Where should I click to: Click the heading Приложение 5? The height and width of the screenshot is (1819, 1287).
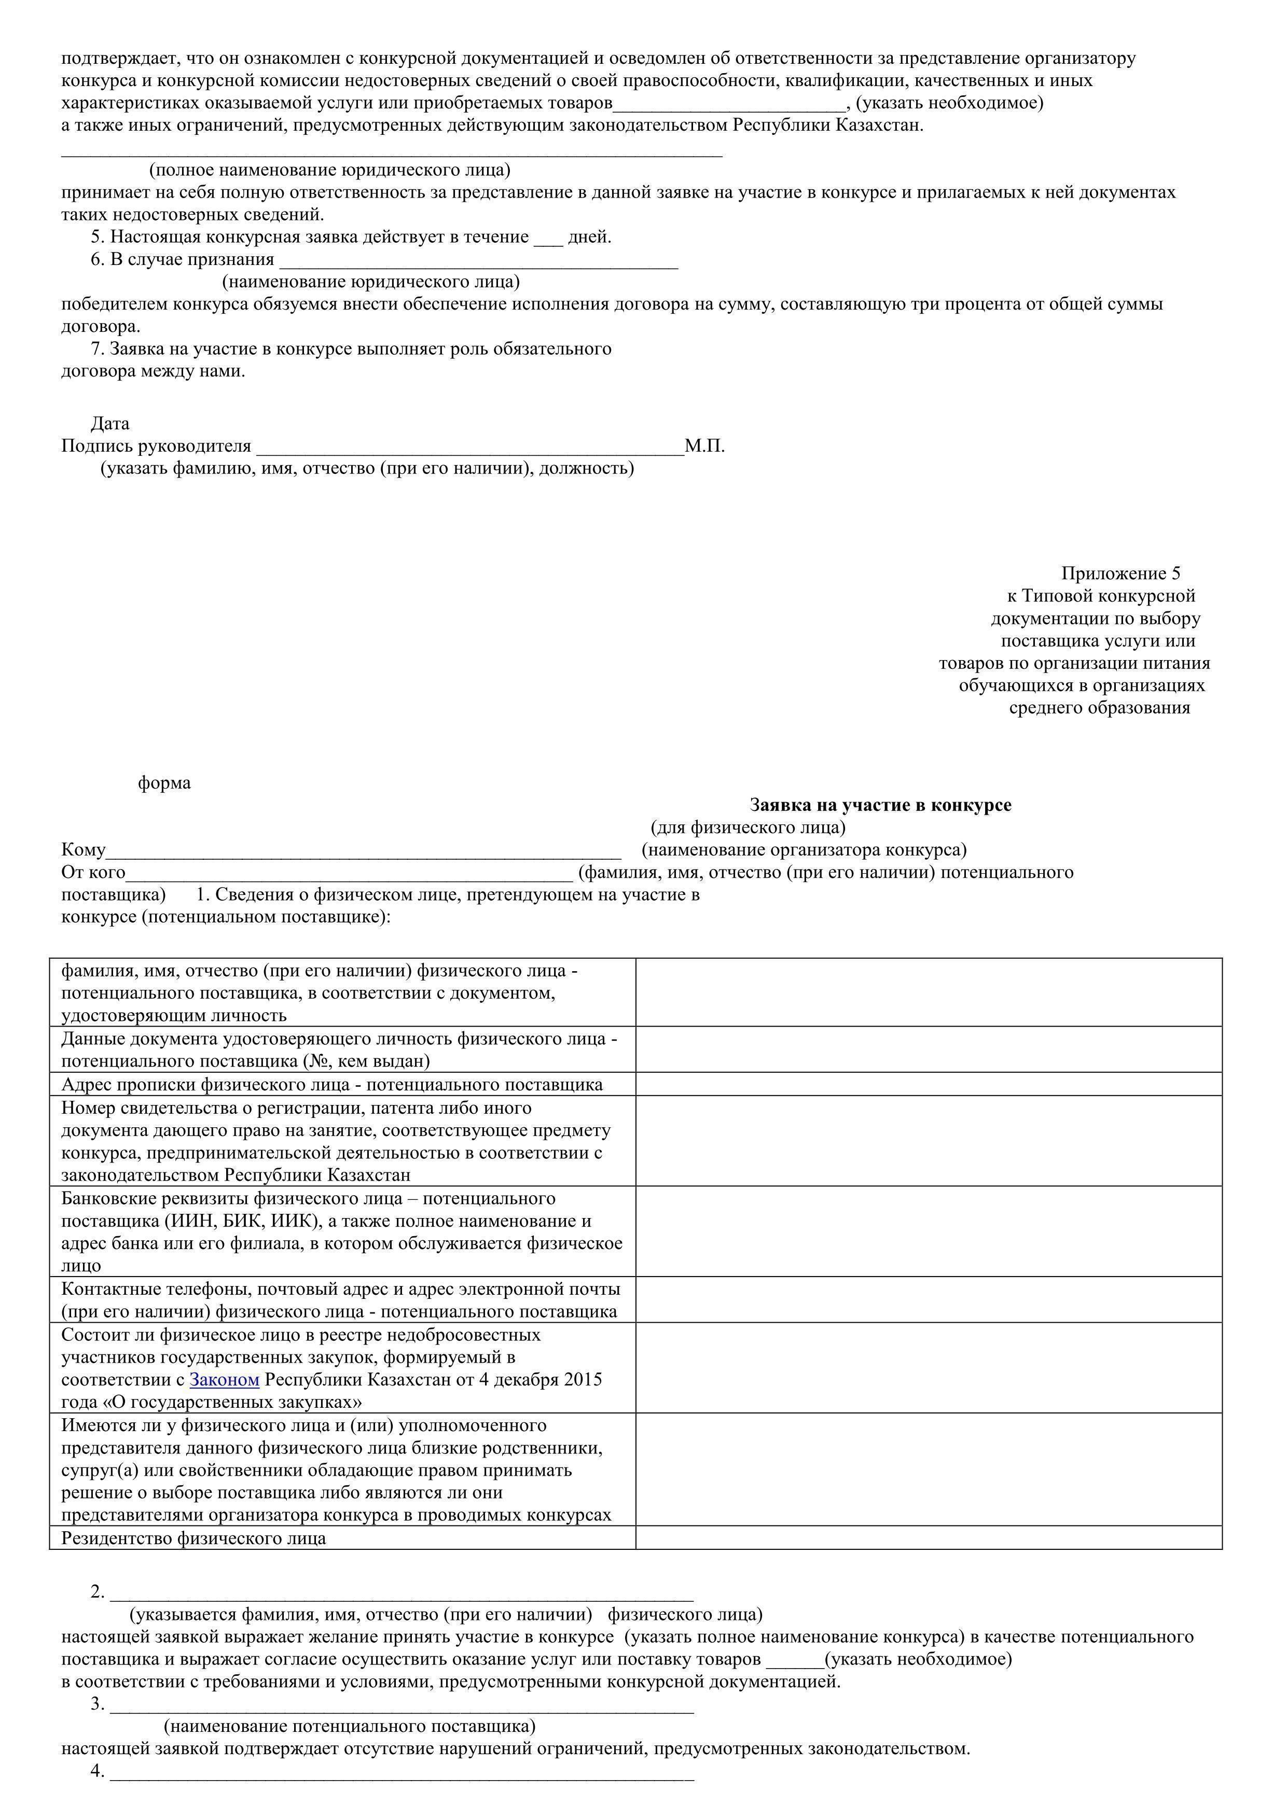click(x=1120, y=573)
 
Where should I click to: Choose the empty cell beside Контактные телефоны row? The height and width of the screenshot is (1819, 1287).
click(x=928, y=1299)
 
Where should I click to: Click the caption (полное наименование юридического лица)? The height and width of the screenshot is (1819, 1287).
click(x=330, y=170)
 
